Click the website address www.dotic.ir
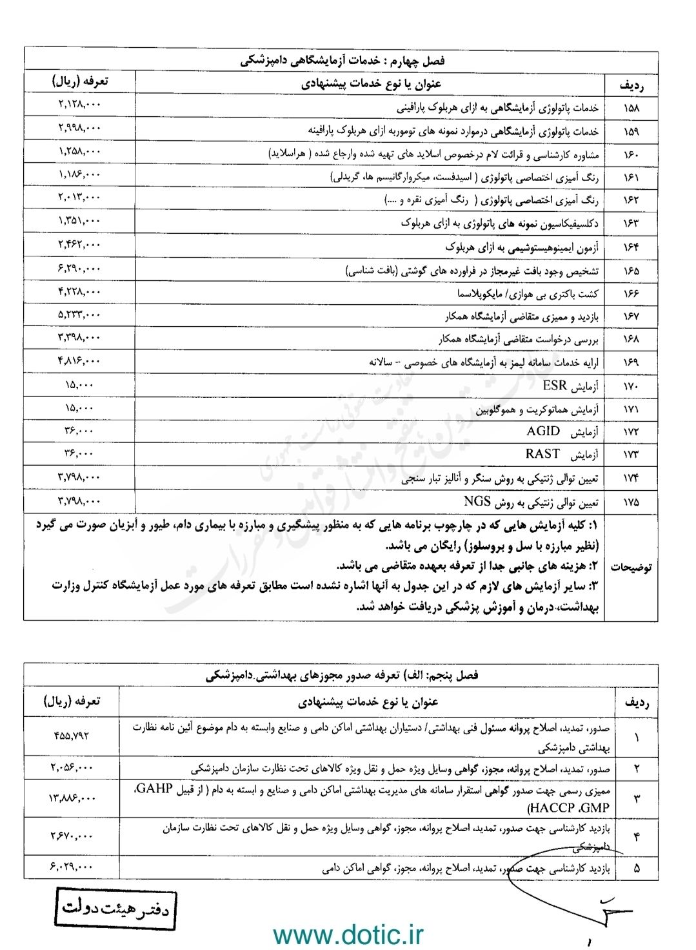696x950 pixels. coord(348,934)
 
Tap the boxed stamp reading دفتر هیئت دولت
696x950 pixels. coord(115,910)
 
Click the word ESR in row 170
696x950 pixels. coord(555,386)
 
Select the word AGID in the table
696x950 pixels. coord(541,431)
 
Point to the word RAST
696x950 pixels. coord(542,453)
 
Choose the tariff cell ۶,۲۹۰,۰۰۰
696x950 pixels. coord(79,268)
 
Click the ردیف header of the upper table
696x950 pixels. coord(632,85)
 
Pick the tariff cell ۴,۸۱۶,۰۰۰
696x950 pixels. coord(79,360)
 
